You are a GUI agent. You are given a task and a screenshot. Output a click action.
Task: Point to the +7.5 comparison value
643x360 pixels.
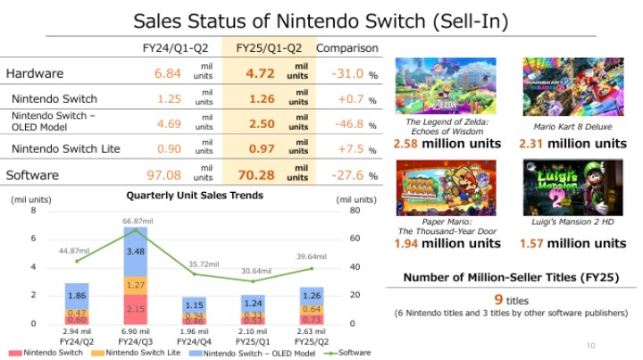[344, 148]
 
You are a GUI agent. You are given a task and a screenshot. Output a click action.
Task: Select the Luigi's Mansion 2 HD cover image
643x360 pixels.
[573, 185]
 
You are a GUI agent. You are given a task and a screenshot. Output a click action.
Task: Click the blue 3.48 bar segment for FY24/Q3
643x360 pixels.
[135, 252]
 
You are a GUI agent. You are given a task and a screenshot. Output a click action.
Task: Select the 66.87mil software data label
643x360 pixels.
[135, 220]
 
